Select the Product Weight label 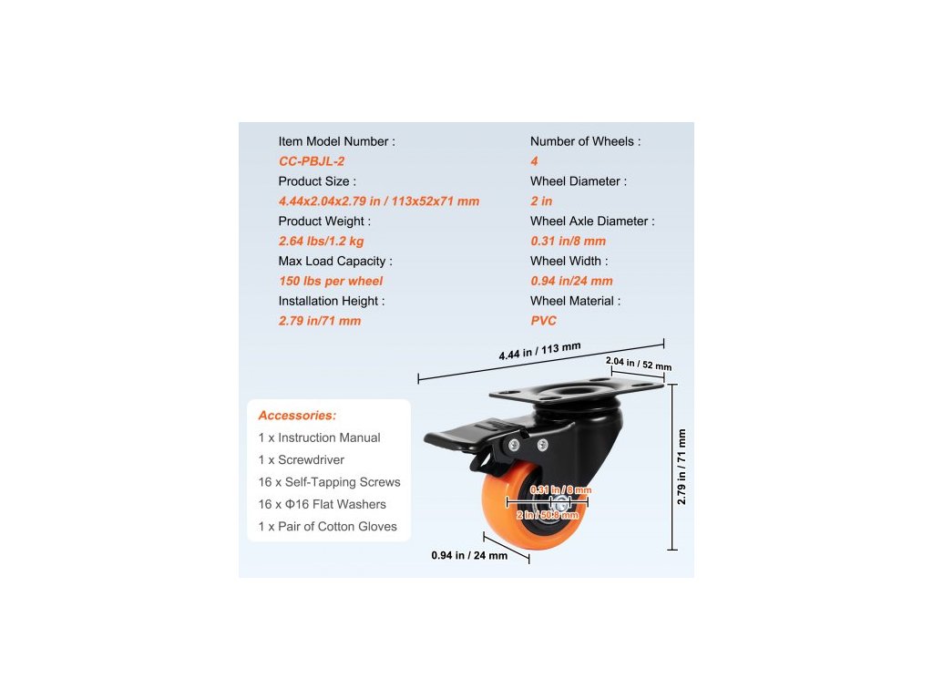tap(323, 221)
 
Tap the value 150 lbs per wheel tap(331, 281)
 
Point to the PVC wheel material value tap(543, 321)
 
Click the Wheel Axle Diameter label tap(592, 221)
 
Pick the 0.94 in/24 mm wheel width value tap(571, 281)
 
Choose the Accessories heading tap(297, 416)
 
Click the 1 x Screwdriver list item tap(302, 460)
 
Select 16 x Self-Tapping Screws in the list tap(330, 482)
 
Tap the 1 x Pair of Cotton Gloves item tap(328, 527)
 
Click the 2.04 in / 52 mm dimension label tap(639, 364)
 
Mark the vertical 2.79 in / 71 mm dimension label tap(682, 467)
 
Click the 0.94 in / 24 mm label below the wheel tap(469, 555)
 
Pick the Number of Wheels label tap(585, 141)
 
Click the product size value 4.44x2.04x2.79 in tap(378, 201)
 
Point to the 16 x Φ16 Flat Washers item tap(323, 505)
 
